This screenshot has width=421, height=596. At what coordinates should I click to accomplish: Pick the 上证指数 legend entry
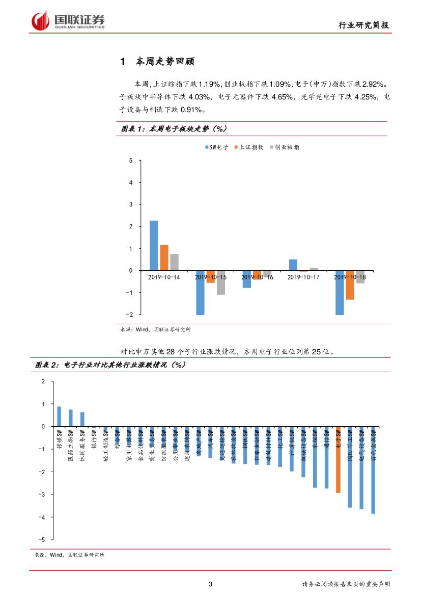249,147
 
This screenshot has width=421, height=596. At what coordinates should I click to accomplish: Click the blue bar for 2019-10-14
154,245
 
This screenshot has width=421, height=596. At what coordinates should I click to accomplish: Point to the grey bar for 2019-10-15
220,282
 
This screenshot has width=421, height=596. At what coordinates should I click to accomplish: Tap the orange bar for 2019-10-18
350,285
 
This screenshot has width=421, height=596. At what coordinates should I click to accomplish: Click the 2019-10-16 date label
257,277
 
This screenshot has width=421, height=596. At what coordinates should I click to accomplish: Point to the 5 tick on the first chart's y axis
131,161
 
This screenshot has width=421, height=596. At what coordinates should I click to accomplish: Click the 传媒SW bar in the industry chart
59,416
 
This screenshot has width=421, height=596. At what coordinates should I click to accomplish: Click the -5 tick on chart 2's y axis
43,539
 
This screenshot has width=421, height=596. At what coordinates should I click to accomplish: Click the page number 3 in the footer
211,584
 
